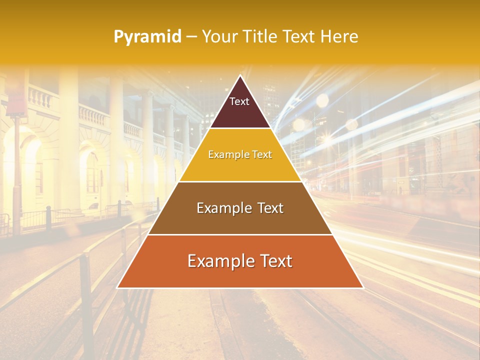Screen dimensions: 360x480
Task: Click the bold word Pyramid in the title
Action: (147, 37)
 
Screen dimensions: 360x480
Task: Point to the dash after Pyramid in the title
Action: (191, 37)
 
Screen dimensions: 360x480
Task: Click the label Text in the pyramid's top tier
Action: (239, 101)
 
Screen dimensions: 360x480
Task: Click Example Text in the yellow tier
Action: (240, 154)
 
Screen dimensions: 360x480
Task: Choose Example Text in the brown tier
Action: (240, 208)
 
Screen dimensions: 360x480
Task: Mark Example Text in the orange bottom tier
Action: (240, 261)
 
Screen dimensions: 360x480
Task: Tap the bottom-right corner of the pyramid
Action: (362, 287)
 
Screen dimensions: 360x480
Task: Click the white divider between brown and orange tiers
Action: (240, 234)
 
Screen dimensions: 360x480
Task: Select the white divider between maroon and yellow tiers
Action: (240, 128)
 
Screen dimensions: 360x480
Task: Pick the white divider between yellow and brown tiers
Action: (240, 181)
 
